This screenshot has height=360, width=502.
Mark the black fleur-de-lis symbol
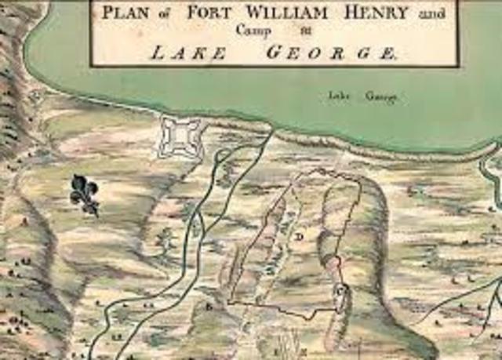coord(85,195)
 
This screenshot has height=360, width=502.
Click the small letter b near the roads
coord(209,307)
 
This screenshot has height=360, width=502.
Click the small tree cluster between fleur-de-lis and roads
coord(165,235)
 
